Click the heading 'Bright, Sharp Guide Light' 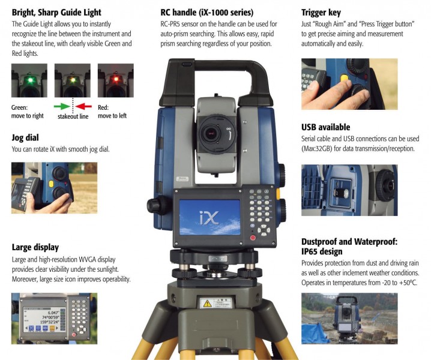(x=56, y=13)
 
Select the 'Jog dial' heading (x=25, y=137)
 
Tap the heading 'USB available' (x=325, y=127)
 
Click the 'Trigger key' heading (x=321, y=13)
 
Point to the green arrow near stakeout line (x=62, y=106)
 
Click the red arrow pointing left (x=83, y=106)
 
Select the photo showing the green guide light (x=29, y=80)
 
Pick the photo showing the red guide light (x=116, y=80)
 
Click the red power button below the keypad (x=253, y=238)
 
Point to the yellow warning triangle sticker (x=207, y=304)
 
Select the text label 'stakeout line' (x=73, y=116)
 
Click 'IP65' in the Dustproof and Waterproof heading (x=312, y=252)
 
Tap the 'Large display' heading (x=35, y=248)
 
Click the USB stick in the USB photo (x=340, y=193)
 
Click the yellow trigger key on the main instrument (x=278, y=194)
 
